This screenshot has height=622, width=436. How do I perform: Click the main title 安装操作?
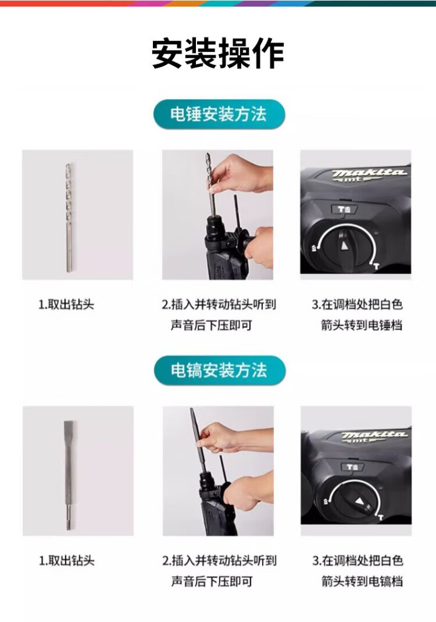point(218,54)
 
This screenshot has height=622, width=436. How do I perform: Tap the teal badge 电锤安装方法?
point(219,114)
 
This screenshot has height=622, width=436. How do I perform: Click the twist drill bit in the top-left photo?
point(69,218)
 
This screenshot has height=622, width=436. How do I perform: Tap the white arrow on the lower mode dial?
point(359,501)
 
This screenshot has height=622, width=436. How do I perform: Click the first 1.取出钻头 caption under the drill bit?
point(66,305)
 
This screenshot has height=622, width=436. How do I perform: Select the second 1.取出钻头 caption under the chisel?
point(67,560)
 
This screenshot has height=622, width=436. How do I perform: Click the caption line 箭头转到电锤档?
point(362,325)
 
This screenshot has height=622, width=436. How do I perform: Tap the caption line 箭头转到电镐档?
point(362,581)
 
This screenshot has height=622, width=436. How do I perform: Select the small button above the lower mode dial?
point(352,467)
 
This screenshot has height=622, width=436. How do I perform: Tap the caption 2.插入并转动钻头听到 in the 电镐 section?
point(219,560)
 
